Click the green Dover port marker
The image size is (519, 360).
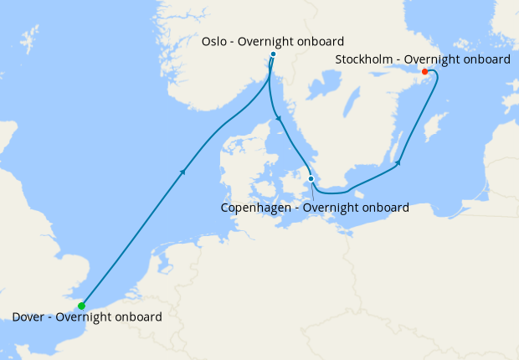pyautogui.click(x=81, y=306)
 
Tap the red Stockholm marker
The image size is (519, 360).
pyautogui.click(x=425, y=71)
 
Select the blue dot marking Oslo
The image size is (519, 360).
pyautogui.click(x=273, y=55)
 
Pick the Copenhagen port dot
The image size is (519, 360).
pyautogui.click(x=311, y=178)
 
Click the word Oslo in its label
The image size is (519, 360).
pyautogui.click(x=215, y=42)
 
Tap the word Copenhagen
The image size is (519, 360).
pyautogui.click(x=256, y=207)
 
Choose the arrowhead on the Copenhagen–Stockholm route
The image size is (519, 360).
pyautogui.click(x=399, y=162)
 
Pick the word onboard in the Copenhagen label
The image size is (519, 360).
pyautogui.click(x=383, y=207)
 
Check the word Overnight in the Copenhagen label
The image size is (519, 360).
pyautogui.click(x=327, y=207)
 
